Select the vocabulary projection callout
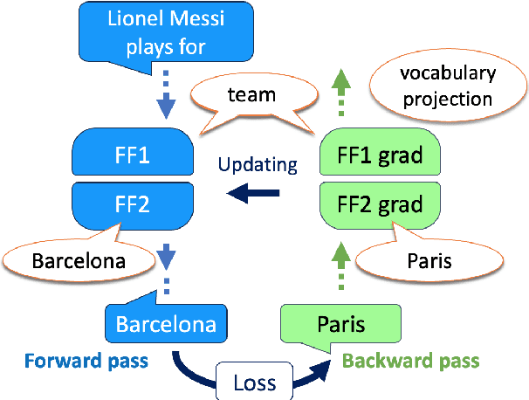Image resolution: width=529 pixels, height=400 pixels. [448, 86]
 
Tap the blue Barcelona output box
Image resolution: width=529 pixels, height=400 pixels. [166, 324]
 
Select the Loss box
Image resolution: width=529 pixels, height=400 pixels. [255, 382]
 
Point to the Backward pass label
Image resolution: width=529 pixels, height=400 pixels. [410, 360]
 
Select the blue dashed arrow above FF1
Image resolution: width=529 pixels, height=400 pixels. [167, 99]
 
